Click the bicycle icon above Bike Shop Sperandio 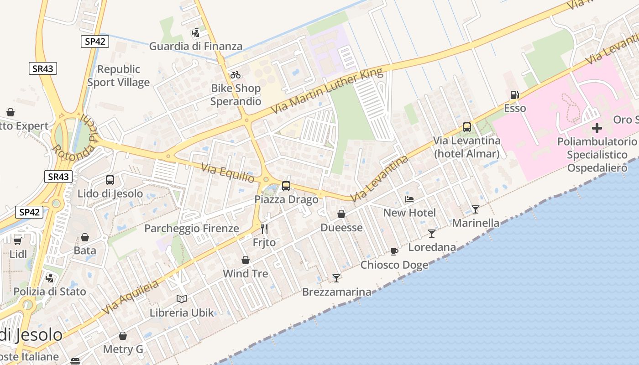(236, 75)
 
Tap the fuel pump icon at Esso (514, 95)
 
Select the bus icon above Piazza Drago (286, 186)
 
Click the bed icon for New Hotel (409, 199)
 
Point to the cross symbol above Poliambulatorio (597, 128)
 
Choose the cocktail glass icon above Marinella (476, 209)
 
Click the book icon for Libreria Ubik (182, 299)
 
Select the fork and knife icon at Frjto (264, 229)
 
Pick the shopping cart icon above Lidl (18, 240)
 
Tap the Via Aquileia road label (130, 297)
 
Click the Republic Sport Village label (119, 76)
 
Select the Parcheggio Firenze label (192, 228)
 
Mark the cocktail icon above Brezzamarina (336, 278)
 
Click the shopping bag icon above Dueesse (341, 214)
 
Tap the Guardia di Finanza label (196, 46)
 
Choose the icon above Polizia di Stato (50, 278)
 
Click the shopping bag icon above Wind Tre (246, 260)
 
